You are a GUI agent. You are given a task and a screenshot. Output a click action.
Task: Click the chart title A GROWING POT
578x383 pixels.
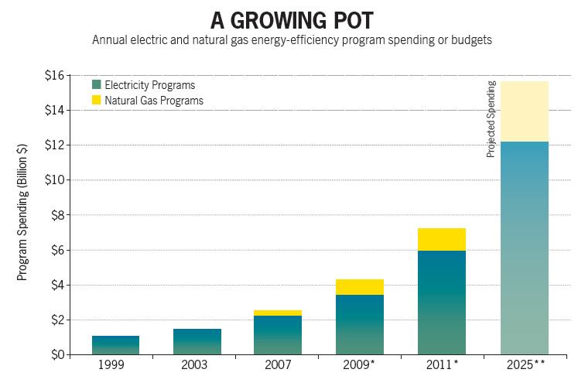290,19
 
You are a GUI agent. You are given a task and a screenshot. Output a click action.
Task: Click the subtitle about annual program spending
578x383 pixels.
292,39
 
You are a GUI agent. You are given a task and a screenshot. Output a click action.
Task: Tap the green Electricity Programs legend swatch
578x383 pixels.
96,84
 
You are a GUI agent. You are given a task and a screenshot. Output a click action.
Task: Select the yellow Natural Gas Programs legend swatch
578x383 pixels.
96,100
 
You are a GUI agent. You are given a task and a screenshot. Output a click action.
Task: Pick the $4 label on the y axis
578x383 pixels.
58,285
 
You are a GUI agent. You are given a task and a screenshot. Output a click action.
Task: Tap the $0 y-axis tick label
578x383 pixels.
58,355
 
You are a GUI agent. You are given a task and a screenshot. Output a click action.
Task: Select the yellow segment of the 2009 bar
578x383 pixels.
359,287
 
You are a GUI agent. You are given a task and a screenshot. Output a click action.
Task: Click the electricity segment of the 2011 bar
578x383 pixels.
442,303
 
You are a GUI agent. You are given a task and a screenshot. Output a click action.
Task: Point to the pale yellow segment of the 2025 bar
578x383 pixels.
525,111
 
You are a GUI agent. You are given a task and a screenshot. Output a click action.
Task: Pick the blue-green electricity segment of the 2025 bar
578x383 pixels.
525,248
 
